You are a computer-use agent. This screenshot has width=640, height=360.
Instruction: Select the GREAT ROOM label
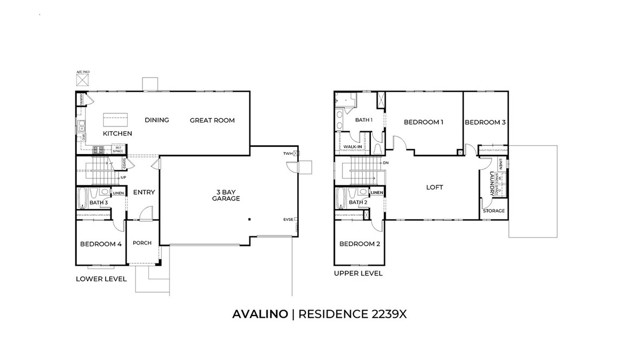(212, 120)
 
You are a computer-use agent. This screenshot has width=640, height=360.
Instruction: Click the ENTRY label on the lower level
(144, 193)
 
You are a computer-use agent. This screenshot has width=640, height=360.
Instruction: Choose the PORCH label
(143, 242)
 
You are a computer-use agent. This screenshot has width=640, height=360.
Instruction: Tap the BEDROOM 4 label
(100, 243)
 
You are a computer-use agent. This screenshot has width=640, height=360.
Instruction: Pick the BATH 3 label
(98, 203)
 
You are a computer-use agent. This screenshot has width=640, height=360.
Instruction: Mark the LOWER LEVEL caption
(101, 279)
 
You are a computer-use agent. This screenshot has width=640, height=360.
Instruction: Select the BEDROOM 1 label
(423, 122)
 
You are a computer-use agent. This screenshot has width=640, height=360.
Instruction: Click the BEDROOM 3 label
(484, 122)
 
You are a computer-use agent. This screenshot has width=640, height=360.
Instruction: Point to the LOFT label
(434, 187)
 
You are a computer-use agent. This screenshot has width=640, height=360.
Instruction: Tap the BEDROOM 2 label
(359, 244)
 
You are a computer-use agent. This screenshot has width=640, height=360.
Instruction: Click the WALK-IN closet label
(352, 146)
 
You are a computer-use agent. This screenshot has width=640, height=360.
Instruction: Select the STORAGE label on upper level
(494, 211)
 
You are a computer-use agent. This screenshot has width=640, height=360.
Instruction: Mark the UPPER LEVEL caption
(358, 272)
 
